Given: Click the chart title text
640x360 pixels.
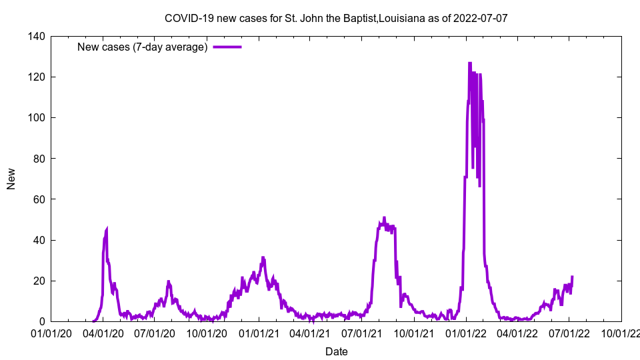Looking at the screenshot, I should (x=336, y=18).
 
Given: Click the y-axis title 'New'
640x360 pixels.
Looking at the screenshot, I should (x=11, y=179).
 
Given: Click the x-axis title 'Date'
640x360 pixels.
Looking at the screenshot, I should (x=336, y=351).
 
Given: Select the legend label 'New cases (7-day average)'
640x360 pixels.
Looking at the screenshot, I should (x=143, y=47).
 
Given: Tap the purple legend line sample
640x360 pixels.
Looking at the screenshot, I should (x=227, y=47).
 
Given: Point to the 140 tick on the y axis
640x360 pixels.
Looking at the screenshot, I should (x=37, y=37).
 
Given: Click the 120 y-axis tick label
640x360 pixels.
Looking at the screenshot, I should (x=37, y=77).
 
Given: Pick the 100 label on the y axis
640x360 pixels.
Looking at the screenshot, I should (x=37, y=118).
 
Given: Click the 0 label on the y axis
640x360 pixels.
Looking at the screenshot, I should (x=42, y=321).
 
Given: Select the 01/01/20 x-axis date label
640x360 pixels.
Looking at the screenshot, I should (x=51, y=333).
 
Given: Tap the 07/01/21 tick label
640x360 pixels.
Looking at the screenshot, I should (x=362, y=333).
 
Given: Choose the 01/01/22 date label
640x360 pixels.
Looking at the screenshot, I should (x=466, y=333).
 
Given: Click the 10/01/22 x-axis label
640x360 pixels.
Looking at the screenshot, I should (x=621, y=333).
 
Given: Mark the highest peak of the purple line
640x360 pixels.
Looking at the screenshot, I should (x=470, y=63).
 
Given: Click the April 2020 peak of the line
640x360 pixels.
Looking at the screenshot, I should (x=107, y=229).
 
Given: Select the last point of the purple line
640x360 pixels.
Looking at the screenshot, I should (x=572, y=277).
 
